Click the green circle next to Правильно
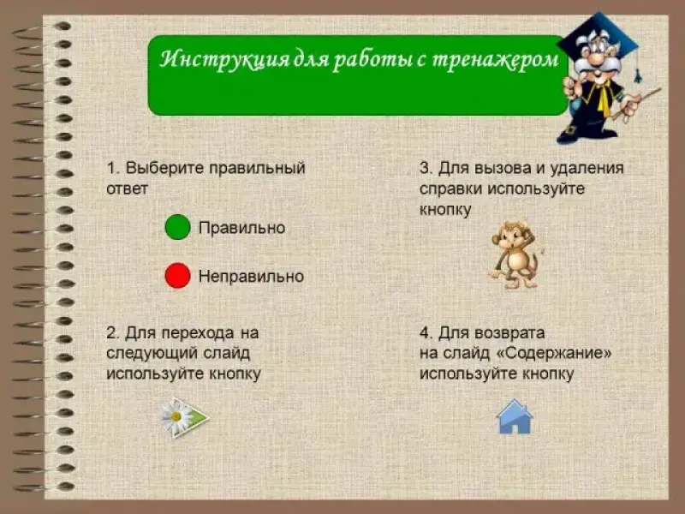coord(177,227)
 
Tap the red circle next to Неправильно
coord(177,276)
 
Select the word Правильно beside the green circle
coord(241,228)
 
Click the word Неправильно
coord(251,276)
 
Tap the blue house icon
coord(515,416)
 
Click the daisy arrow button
coord(185,417)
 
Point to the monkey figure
coord(515,254)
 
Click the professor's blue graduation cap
coord(599,37)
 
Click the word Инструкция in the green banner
coord(223,59)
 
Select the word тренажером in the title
coord(496,60)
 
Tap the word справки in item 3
coord(451,189)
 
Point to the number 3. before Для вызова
coord(426,168)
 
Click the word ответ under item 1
coord(127,189)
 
